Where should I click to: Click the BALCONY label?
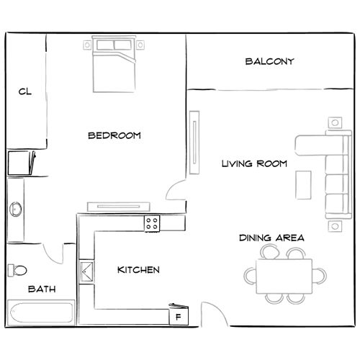[x=269, y=61]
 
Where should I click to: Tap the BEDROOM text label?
[x=114, y=135]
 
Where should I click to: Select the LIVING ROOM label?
[x=253, y=163]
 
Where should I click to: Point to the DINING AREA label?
[x=271, y=237]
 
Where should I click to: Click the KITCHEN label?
[x=138, y=270]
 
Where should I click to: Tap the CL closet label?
[x=25, y=91]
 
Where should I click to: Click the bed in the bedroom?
[x=114, y=66]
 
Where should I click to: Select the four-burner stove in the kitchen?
[x=152, y=223]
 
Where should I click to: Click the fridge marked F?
[x=177, y=313]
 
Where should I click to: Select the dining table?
[x=278, y=274]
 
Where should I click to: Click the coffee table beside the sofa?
[x=305, y=185]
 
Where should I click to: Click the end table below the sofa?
[x=333, y=226]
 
